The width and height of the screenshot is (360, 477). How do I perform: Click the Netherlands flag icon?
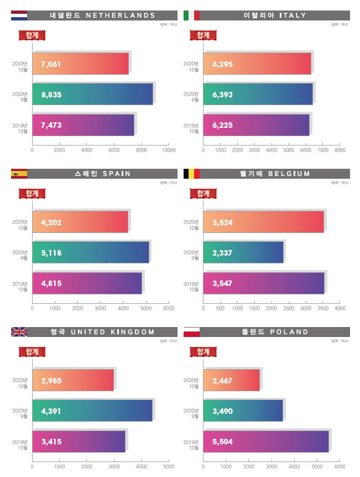tap(19, 15)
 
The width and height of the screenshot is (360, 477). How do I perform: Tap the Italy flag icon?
tap(191, 15)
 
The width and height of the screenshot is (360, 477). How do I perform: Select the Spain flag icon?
tap(19, 174)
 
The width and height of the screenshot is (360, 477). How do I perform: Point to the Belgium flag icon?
tap(191, 174)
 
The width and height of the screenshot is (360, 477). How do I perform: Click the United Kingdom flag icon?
tap(19, 332)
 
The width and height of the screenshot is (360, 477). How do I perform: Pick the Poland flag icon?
tap(191, 332)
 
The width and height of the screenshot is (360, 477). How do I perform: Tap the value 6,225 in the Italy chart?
tap(222, 125)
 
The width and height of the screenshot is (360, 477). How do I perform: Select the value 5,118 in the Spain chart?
tap(51, 253)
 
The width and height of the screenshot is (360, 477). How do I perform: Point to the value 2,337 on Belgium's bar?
tap(222, 253)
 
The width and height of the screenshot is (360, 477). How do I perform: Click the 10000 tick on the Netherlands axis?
tap(169, 150)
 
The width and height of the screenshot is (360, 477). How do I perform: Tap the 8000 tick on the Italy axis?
tap(340, 150)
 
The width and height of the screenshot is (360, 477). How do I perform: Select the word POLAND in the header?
tap(289, 332)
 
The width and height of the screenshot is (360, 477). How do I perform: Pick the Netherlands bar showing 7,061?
tap(81, 64)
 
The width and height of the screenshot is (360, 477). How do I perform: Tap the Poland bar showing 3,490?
tap(243, 411)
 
